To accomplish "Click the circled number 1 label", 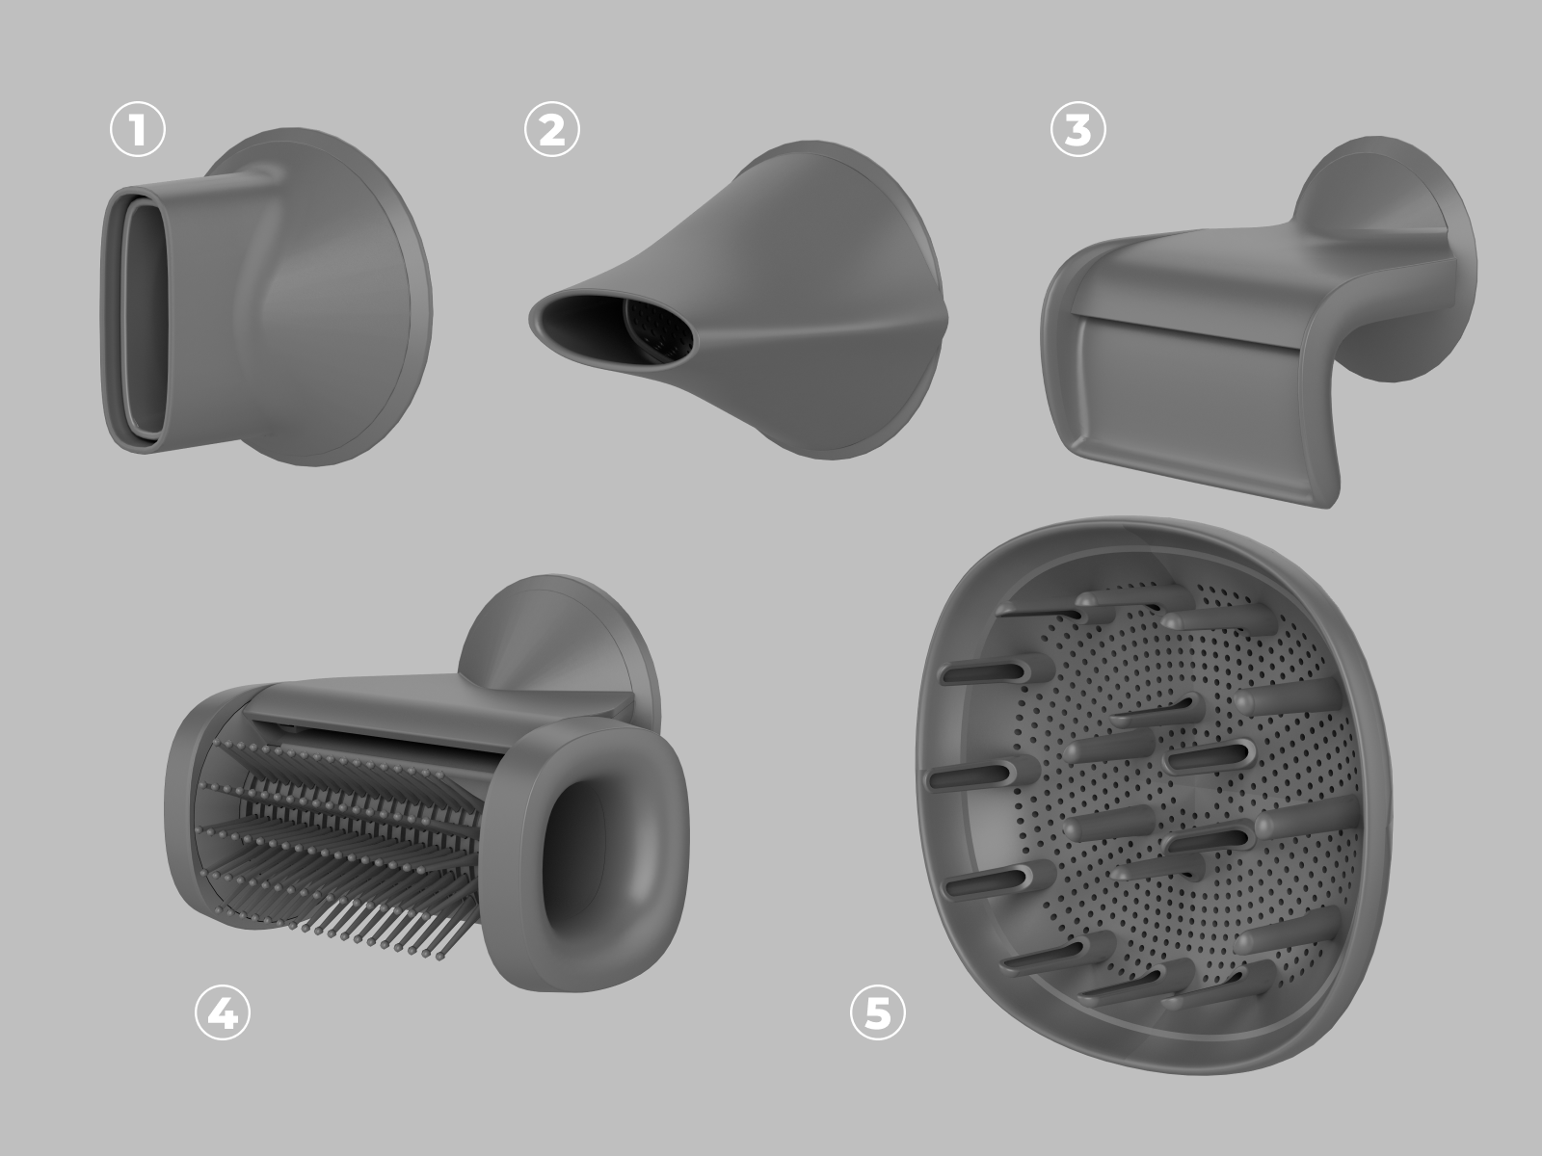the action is [x=138, y=130].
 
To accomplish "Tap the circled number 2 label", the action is [x=552, y=130].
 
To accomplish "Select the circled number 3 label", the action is [x=1077, y=130].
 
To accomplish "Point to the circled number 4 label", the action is [x=223, y=1012].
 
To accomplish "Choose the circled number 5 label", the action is [x=877, y=1012].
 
